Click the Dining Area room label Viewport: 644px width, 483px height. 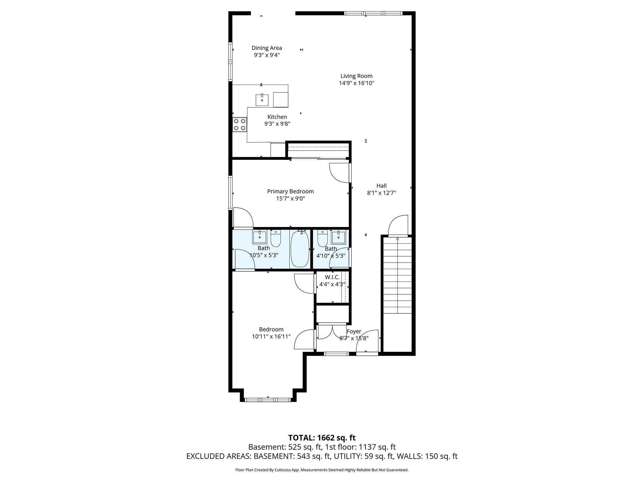click(x=267, y=48)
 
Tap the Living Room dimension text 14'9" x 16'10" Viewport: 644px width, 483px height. click(x=356, y=83)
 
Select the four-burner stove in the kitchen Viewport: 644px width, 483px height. click(x=240, y=125)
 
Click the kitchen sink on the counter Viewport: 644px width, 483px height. click(x=262, y=100)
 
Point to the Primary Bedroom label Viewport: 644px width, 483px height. click(x=290, y=192)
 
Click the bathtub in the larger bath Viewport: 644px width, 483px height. click(x=300, y=249)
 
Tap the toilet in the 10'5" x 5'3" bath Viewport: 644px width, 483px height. click(x=276, y=239)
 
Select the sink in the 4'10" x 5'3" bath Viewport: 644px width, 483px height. click(x=339, y=237)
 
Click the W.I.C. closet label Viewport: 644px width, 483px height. click(x=332, y=277)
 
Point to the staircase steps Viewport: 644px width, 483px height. click(x=397, y=275)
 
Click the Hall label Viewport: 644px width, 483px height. click(x=381, y=186)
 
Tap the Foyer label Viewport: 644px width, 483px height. click(x=354, y=331)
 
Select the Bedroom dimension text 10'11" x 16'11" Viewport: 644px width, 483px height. click(x=271, y=336)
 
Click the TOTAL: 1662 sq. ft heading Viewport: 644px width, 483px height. click(x=322, y=438)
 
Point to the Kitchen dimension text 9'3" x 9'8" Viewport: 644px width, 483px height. click(x=277, y=124)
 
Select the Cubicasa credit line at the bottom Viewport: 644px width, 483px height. click(x=322, y=470)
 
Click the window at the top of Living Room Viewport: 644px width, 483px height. click(x=373, y=13)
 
